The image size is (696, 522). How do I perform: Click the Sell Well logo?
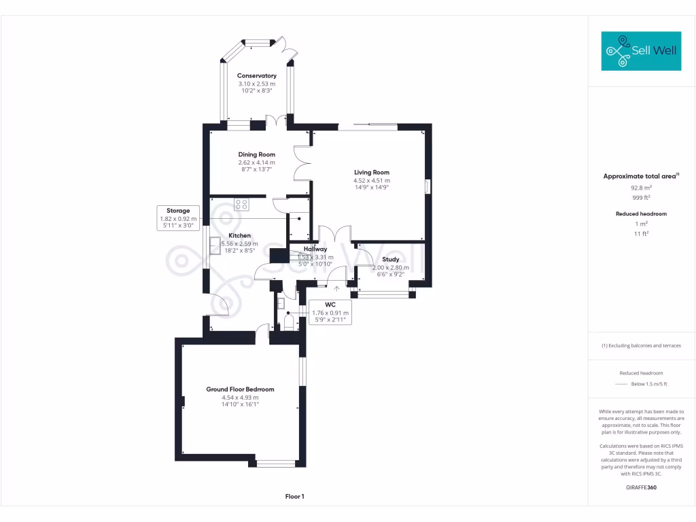coord(641,51)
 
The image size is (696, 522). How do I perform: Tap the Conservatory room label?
coord(256,75)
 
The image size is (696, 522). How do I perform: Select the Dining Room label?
coord(256,154)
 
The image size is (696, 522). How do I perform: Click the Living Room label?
coord(371,173)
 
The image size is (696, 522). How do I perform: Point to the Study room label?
coord(390,259)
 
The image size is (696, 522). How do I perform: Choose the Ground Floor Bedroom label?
coord(240,389)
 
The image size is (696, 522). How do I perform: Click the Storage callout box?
coord(179,218)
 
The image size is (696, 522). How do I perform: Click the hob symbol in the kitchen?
coord(241,204)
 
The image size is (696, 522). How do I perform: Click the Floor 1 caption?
coord(294,497)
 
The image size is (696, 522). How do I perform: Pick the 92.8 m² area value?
coord(641,188)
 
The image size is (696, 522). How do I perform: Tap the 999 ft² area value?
coord(641,198)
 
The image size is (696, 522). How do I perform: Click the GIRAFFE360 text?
coord(641,487)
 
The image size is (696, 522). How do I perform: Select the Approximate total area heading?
coord(641,176)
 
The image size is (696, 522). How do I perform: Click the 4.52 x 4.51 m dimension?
coord(371,181)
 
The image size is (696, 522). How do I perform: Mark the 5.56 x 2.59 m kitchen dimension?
coord(239,243)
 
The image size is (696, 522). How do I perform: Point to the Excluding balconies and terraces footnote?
coord(641,345)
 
